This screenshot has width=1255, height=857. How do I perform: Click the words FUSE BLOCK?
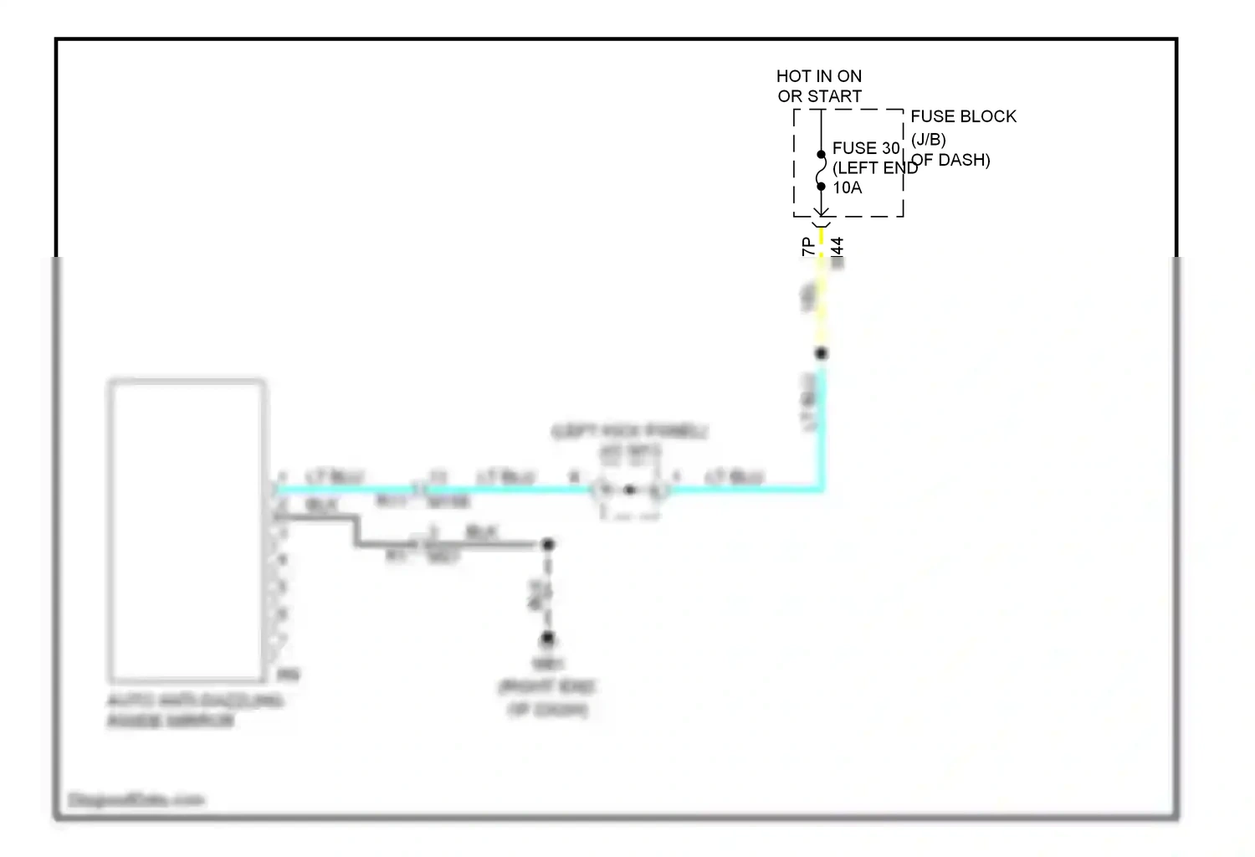click(963, 116)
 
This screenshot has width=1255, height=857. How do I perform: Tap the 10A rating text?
click(847, 187)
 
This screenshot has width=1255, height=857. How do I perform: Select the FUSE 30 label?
click(865, 148)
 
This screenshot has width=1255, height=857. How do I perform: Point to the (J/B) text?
click(928, 139)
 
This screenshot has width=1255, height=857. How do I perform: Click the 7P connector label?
click(807, 246)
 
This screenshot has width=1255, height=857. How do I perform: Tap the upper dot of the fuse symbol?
click(821, 154)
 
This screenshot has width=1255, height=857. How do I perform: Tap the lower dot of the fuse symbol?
click(821, 186)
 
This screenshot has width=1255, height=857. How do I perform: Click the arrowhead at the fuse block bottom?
click(821, 213)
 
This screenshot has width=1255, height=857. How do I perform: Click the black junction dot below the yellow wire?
click(821, 353)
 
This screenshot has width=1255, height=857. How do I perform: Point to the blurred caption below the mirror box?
click(195, 711)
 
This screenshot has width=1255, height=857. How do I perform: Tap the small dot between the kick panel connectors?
click(629, 490)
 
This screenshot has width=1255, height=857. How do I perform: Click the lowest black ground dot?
click(547, 639)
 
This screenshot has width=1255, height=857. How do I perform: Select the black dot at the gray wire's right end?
click(548, 545)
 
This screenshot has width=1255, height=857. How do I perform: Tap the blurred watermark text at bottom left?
click(136, 800)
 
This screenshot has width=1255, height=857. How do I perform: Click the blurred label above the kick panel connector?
click(629, 432)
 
